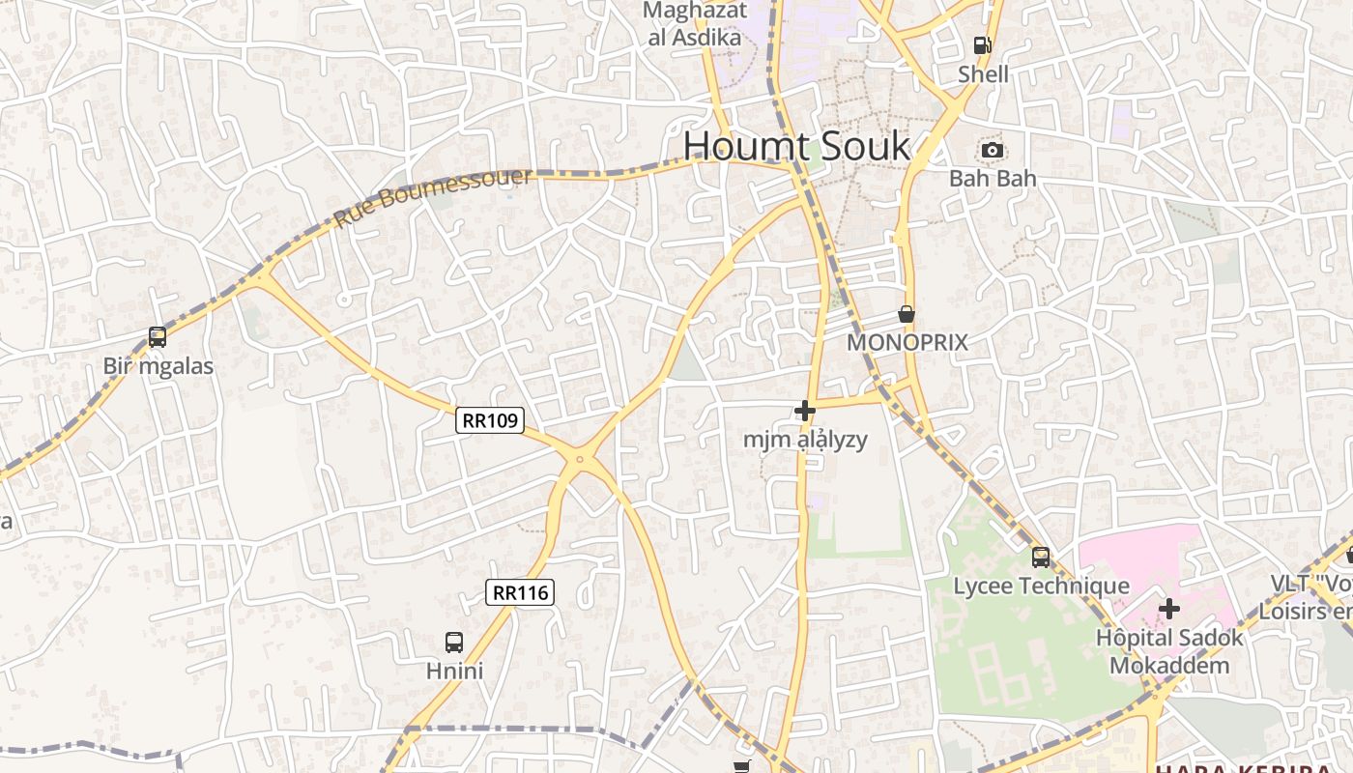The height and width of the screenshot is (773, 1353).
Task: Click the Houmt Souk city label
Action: (796, 146)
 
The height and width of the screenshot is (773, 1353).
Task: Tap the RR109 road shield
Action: (490, 420)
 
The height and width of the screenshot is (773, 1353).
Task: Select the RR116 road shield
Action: (520, 592)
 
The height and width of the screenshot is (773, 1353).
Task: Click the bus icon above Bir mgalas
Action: (158, 337)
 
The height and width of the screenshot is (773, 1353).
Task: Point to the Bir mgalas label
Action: (158, 367)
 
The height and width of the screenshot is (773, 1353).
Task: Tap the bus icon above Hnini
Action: (454, 642)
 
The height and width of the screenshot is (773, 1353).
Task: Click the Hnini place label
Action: (454, 671)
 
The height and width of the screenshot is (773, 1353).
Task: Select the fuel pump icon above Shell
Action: (982, 44)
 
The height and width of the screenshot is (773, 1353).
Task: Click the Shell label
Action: (983, 74)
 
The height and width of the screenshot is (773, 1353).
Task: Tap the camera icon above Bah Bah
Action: (993, 150)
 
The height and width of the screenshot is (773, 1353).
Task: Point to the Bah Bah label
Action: (993, 179)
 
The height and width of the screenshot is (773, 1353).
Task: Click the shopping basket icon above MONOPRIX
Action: (907, 314)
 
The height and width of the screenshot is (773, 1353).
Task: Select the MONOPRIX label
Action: (907, 343)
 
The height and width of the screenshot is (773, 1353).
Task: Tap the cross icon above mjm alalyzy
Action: (804, 411)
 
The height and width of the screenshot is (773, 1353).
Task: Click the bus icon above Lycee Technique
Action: (1041, 557)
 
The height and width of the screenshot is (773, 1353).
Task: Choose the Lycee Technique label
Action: (1041, 587)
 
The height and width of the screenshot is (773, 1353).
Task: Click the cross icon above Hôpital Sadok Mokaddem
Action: (1169, 609)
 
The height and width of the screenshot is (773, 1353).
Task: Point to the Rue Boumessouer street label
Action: (432, 198)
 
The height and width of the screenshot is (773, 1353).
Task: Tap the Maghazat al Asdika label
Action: (695, 24)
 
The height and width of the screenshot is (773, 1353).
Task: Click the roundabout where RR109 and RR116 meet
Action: (580, 460)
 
